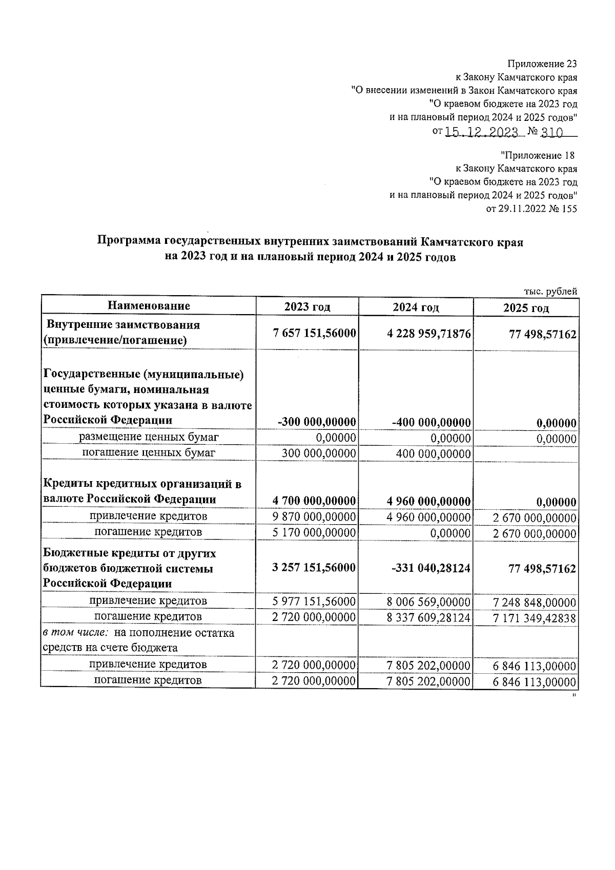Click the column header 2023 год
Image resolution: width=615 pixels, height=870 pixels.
tap(307, 307)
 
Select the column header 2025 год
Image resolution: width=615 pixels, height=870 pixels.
tap(526, 308)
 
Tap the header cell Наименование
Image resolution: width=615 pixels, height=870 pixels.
tap(149, 306)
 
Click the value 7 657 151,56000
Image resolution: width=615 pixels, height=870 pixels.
tap(315, 333)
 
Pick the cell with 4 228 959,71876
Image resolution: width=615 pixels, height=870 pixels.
tap(429, 334)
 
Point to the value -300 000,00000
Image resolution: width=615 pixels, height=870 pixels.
tap(317, 422)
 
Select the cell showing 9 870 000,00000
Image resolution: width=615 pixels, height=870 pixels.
tap(314, 516)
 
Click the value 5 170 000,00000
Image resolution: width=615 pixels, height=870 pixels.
tap(314, 532)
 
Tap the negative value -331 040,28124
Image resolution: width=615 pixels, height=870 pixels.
tap(430, 569)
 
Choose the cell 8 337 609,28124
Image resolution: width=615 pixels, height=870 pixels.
tap(429, 617)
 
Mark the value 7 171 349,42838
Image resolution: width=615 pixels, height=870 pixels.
tap(535, 618)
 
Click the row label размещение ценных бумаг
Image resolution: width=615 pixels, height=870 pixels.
tap(149, 437)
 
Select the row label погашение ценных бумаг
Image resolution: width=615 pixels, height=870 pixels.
tap(149, 452)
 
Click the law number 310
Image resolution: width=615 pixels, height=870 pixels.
tap(552, 132)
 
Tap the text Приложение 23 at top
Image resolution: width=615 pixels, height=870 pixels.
tap(542, 64)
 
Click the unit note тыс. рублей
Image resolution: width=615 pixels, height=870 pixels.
tap(550, 291)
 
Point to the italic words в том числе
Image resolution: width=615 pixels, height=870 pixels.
tap(75, 633)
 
